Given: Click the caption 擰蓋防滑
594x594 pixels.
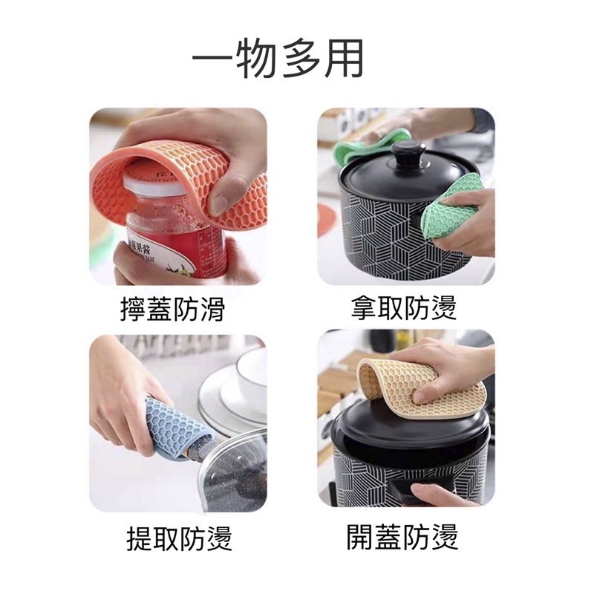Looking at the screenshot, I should [x=172, y=308].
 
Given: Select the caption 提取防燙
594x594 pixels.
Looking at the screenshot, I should [x=180, y=536].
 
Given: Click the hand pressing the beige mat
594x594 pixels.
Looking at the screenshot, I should [x=446, y=368].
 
